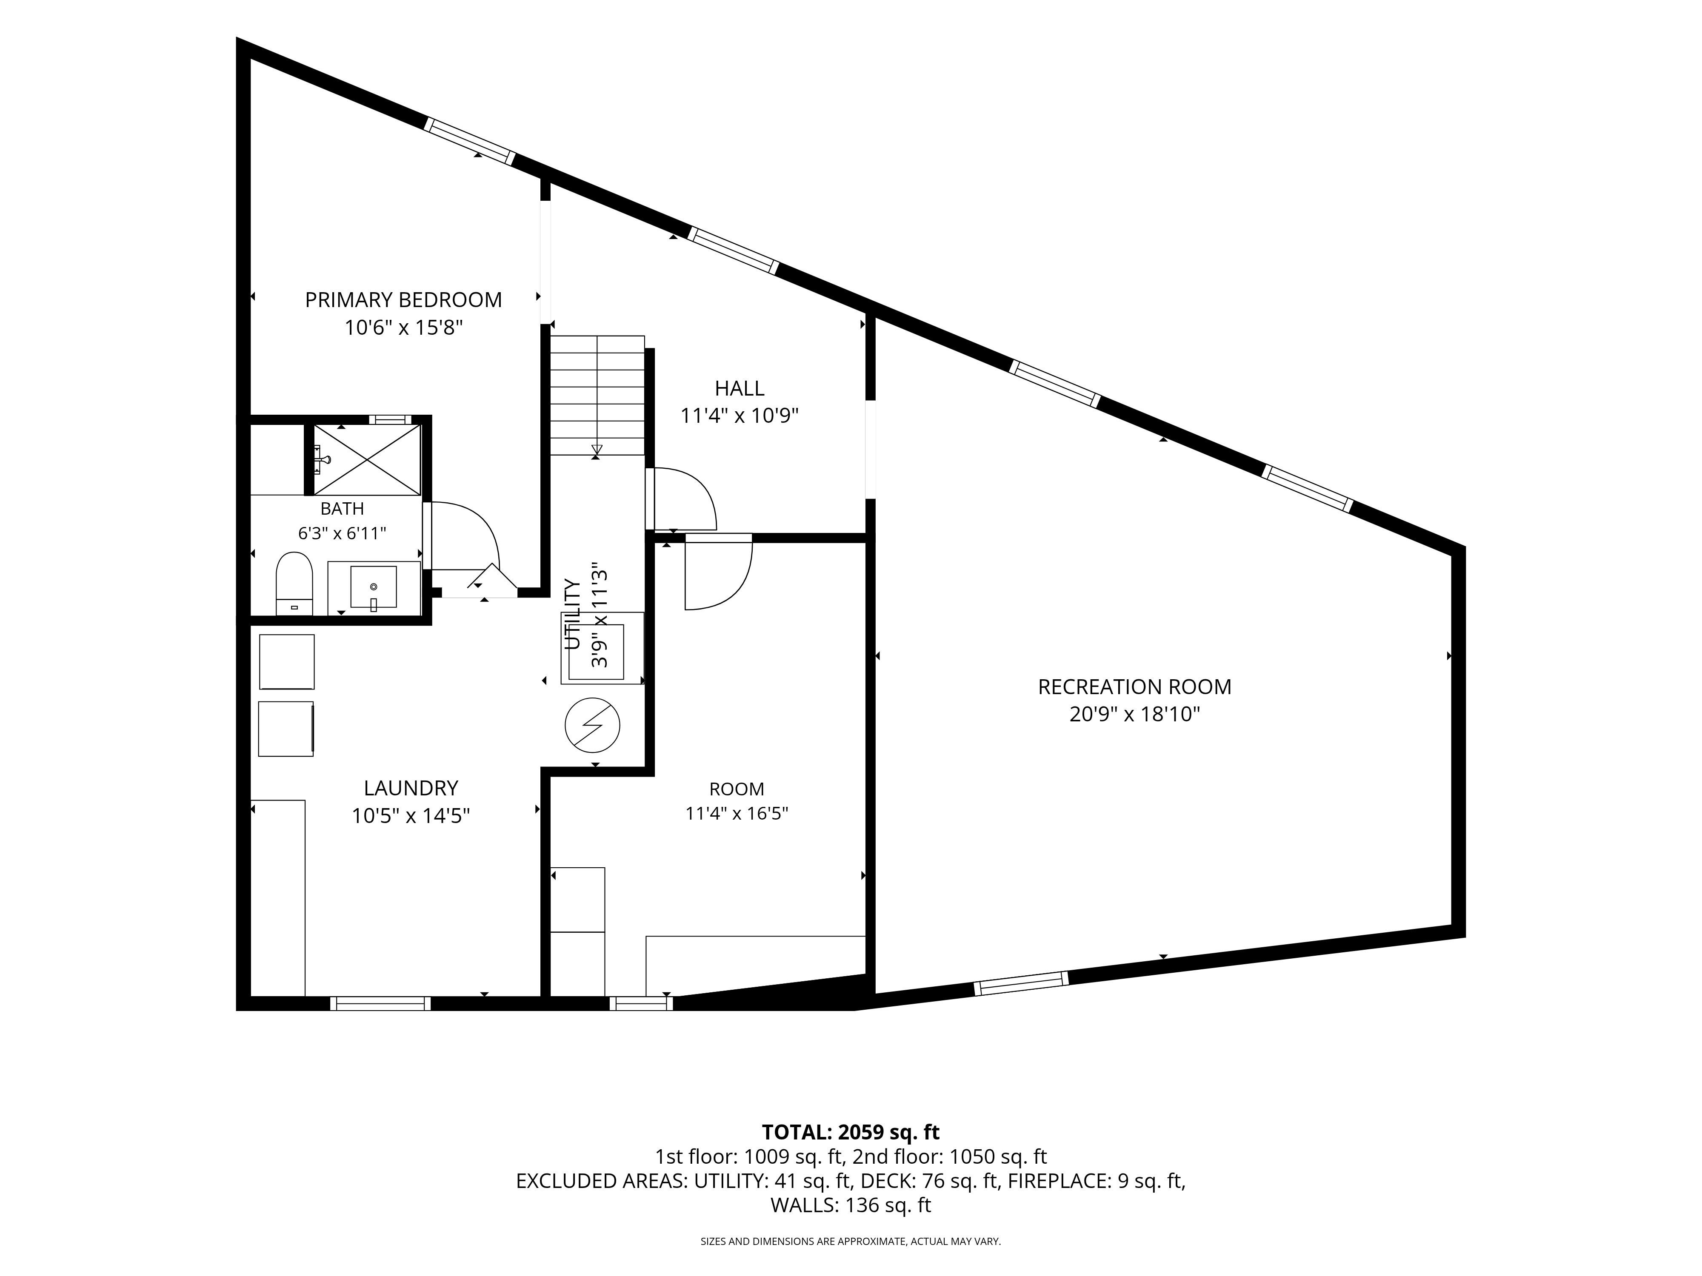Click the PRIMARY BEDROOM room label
[x=403, y=300]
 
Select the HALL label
[x=740, y=388]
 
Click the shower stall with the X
[x=368, y=459]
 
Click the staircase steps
[x=597, y=395]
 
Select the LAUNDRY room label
[x=411, y=788]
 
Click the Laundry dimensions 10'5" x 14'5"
[x=411, y=815]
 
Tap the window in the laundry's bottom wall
[x=380, y=1004]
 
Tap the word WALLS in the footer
[x=804, y=1205]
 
